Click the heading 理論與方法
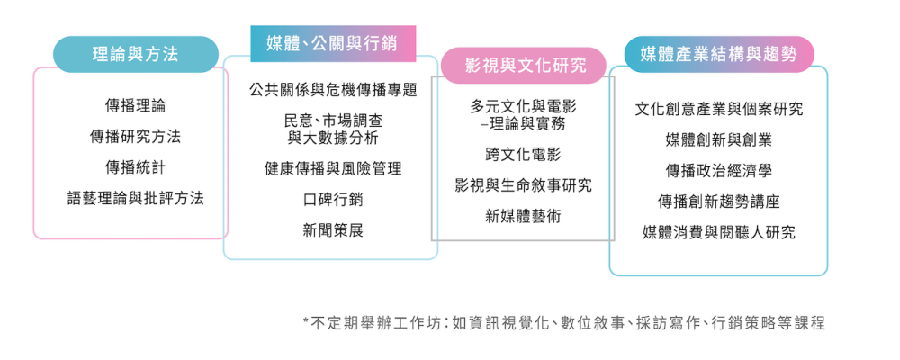[136, 54]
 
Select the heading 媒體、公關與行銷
[332, 43]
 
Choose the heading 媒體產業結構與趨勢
[718, 55]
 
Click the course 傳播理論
[136, 105]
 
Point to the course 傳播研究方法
[136, 137]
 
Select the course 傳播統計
[136, 167]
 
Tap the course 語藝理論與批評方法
[136, 199]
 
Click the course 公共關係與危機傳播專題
[333, 90]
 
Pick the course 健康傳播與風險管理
[333, 169]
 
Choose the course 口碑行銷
[333, 200]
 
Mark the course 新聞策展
[333, 230]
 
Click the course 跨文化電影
[523, 155]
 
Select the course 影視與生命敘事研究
[523, 185]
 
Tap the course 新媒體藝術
[523, 217]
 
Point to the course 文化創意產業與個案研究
[718, 109]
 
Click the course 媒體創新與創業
[718, 140]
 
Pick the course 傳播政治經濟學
[718, 171]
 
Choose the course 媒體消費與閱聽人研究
[718, 233]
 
